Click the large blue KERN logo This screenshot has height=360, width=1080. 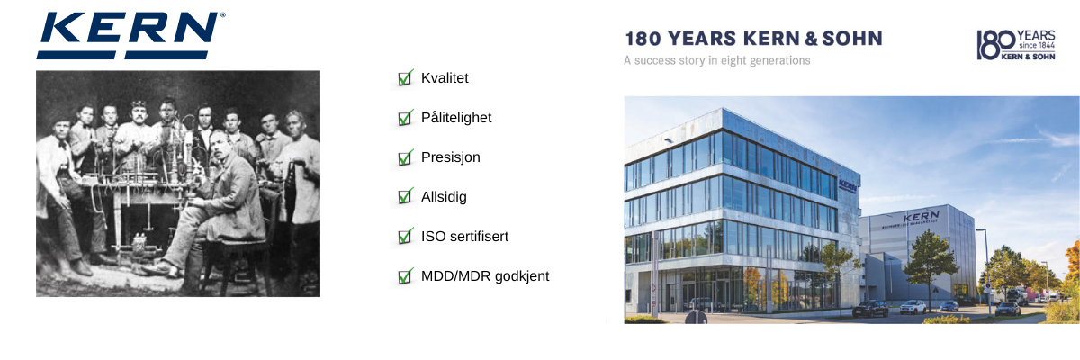[128, 35]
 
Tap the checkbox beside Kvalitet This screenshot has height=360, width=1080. [405, 78]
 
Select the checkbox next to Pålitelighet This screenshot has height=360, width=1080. [405, 118]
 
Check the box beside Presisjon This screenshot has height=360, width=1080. [405, 157]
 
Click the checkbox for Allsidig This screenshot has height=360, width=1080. [405, 196]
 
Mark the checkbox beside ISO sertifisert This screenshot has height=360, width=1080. [405, 236]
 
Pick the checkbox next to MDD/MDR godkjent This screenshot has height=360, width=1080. [405, 276]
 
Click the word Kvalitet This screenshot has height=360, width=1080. [445, 78]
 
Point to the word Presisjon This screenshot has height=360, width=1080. [450, 157]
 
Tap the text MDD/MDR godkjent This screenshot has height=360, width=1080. [485, 276]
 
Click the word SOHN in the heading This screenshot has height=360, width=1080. [852, 39]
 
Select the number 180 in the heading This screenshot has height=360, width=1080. [643, 39]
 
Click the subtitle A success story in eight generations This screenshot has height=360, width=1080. [717, 60]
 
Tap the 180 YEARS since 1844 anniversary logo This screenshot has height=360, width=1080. [1016, 45]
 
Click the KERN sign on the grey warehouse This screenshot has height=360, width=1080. [921, 216]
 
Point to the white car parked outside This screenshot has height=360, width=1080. [913, 307]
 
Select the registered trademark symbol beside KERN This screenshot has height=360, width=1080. [223, 15]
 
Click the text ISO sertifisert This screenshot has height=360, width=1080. [464, 237]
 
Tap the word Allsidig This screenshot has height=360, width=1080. [444, 196]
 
